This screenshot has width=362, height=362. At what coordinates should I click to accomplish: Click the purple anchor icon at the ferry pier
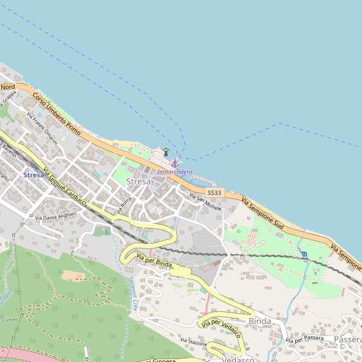pyautogui.click(x=175, y=163)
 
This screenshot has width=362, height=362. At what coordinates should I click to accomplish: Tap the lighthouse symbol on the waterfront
pyautogui.click(x=165, y=152)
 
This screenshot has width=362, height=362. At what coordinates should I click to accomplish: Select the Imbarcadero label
pyautogui.click(x=175, y=172)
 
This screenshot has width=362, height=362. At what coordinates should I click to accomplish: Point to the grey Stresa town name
pyautogui.click(x=139, y=181)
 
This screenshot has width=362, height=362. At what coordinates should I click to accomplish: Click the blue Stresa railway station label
pyautogui.click(x=33, y=175)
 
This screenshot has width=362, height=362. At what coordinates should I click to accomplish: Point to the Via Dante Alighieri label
pyautogui.click(x=56, y=215)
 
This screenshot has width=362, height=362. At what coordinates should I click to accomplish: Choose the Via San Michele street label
pyautogui.click(x=206, y=202)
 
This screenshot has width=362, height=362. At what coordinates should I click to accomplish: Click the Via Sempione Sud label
pyautogui.click(x=262, y=212)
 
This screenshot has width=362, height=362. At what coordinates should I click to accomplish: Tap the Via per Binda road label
pyautogui.click(x=154, y=261)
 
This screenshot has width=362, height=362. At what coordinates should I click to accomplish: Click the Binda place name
pyautogui.click(x=260, y=321)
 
